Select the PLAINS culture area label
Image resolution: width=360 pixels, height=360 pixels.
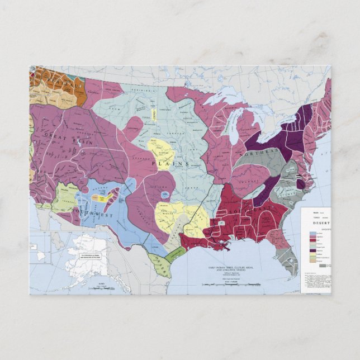click(x=174, y=163)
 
